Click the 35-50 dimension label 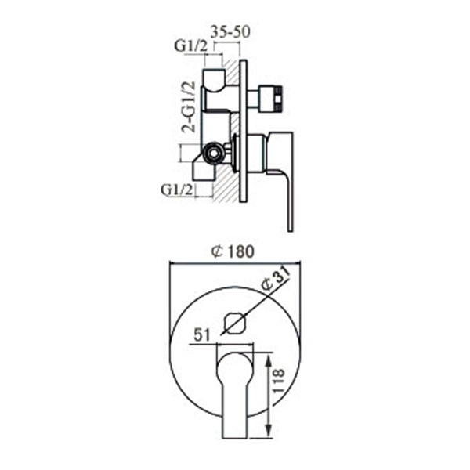(x=230, y=32)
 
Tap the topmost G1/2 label (x=191, y=46)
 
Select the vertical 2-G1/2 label (x=189, y=107)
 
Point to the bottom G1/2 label (x=177, y=190)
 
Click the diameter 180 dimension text (x=233, y=251)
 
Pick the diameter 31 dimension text (x=275, y=278)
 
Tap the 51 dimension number (x=202, y=334)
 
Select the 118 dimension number (x=279, y=381)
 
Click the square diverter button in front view (x=235, y=323)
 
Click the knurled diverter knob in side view (x=271, y=99)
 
